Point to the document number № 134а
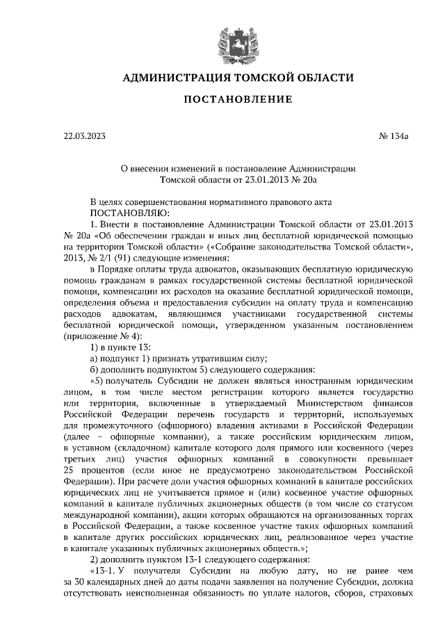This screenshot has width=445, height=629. (x=394, y=137)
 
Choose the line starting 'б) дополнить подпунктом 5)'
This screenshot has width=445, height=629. (x=202, y=370)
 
